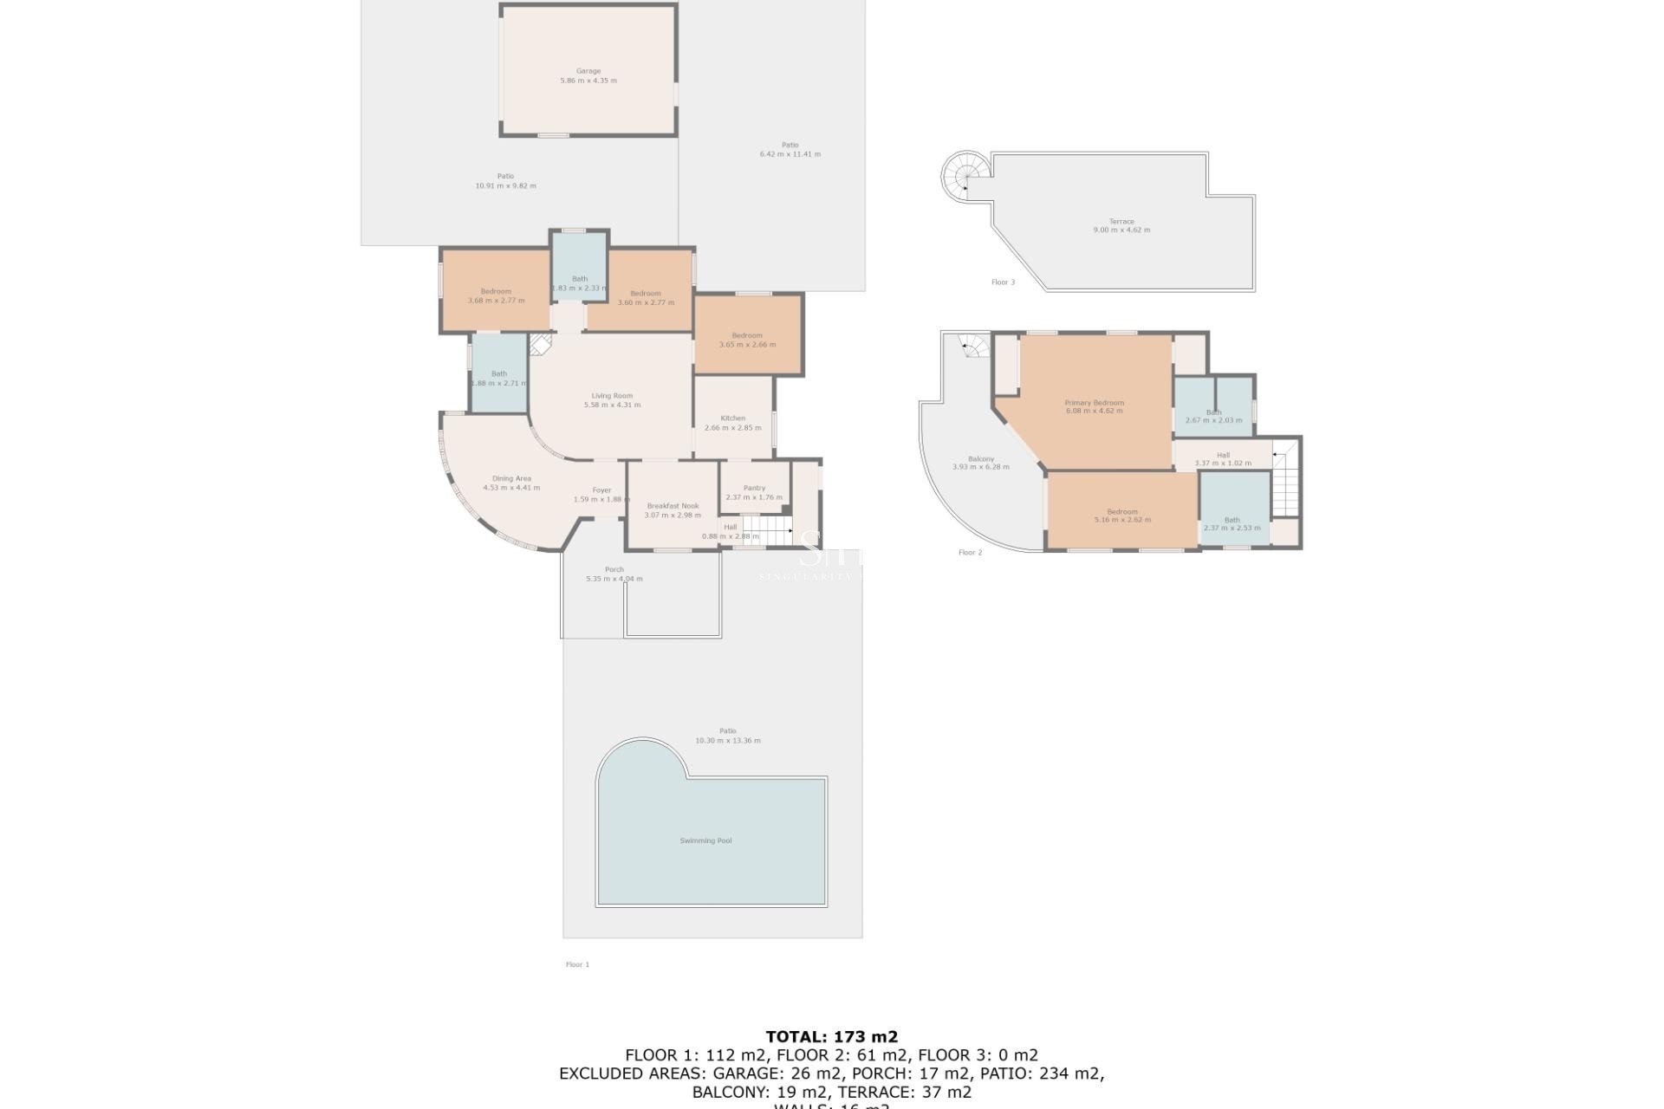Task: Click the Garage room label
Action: click(588, 71)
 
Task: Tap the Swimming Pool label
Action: click(705, 840)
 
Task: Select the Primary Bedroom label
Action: click(1094, 403)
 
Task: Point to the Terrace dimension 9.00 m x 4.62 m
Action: click(1121, 230)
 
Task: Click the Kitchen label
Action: click(732, 418)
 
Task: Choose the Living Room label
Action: click(612, 396)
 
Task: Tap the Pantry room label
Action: click(754, 488)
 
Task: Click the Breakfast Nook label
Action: click(673, 506)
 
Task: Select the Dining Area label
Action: click(511, 478)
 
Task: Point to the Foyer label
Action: click(601, 490)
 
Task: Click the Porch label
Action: click(614, 570)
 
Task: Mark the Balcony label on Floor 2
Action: click(980, 459)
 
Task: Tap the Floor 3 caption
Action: click(1003, 282)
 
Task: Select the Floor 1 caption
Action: click(577, 964)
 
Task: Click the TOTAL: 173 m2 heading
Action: click(831, 1036)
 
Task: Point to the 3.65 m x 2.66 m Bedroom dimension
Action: click(747, 345)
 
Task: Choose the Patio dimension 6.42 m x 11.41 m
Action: click(790, 154)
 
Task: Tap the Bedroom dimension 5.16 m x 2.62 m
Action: click(1122, 520)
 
